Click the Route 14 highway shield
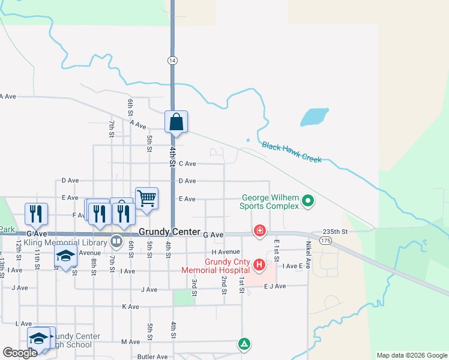(x=172, y=61)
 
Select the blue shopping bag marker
(x=176, y=122)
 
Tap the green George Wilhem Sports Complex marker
(x=308, y=200)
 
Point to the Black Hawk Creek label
(x=292, y=152)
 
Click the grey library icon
(x=116, y=242)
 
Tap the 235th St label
(x=336, y=232)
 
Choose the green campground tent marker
(x=244, y=344)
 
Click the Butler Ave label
(x=152, y=356)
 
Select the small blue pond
(x=314, y=116)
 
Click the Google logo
(x=20, y=353)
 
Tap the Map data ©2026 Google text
(x=411, y=355)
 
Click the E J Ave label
(x=275, y=286)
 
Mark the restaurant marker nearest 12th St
(x=36, y=214)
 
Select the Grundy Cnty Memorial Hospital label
(x=221, y=266)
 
